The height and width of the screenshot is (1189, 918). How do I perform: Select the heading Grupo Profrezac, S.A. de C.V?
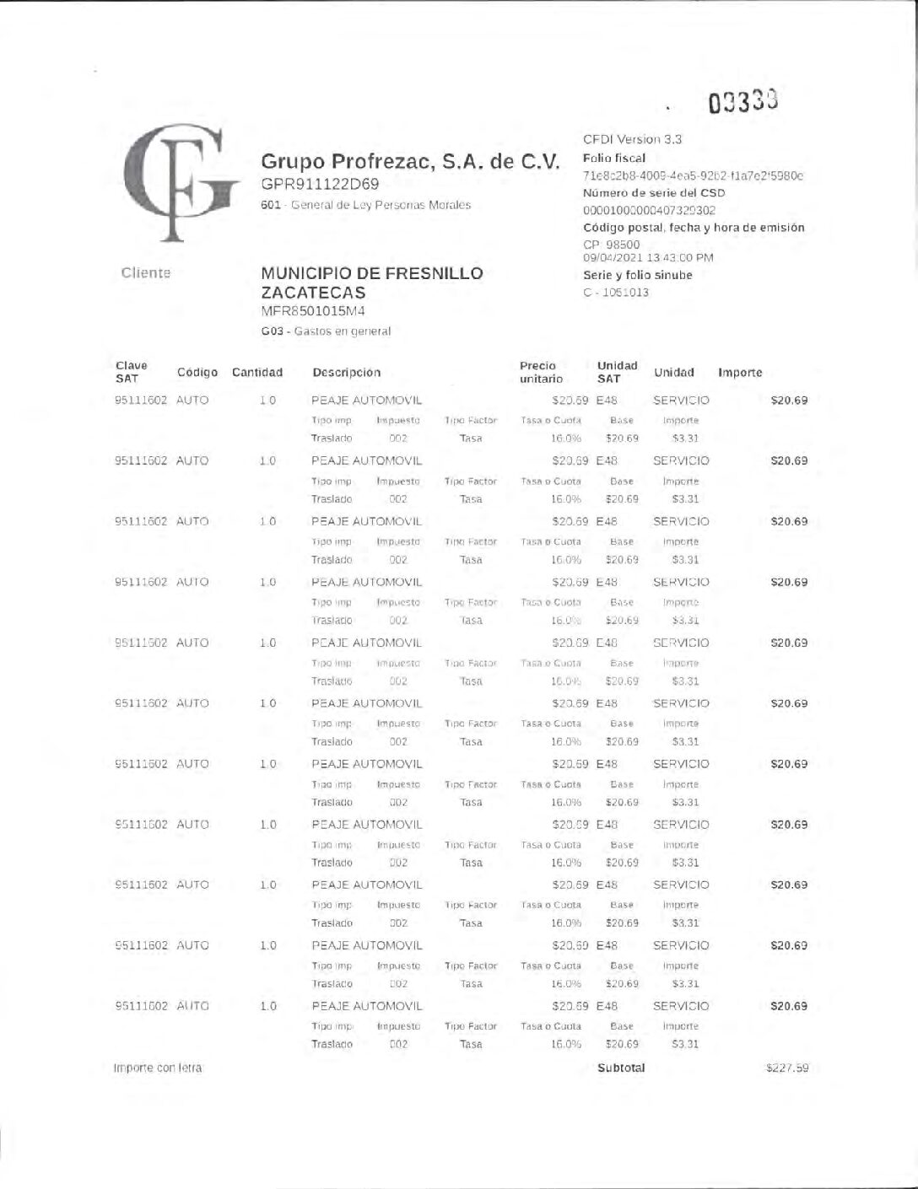tap(410, 161)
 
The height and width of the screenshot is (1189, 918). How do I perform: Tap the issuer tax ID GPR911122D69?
tap(320, 184)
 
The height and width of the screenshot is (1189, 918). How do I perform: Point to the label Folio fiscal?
tap(614, 158)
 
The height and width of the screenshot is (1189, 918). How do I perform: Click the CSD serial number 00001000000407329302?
tap(649, 210)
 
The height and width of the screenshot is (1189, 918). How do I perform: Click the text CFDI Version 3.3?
tap(633, 139)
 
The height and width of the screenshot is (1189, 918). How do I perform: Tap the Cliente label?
tap(146, 272)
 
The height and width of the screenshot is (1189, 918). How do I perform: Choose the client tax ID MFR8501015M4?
tap(313, 311)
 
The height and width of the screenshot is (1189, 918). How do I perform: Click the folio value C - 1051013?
tap(616, 293)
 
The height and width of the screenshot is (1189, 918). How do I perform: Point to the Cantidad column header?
tap(257, 372)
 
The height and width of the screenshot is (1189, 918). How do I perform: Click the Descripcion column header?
tap(346, 372)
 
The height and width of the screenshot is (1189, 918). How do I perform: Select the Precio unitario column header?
tap(541, 372)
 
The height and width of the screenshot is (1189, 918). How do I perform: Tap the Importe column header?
tap(740, 372)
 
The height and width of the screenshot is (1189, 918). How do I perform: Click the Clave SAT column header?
tap(132, 372)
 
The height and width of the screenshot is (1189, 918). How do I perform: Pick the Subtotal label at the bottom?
tap(621, 1068)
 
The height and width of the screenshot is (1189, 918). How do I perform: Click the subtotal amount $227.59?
tap(786, 1068)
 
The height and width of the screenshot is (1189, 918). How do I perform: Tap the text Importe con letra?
tap(158, 1068)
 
